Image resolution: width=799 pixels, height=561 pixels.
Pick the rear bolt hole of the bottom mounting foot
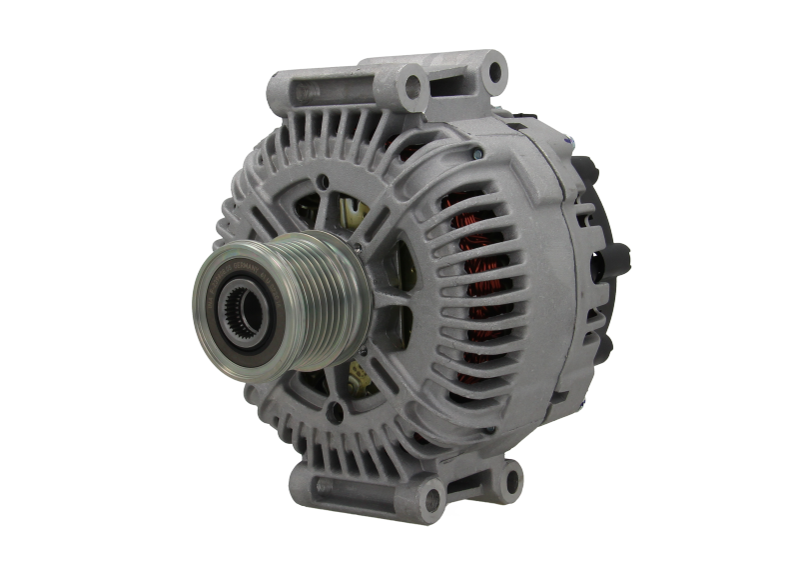point(510,478)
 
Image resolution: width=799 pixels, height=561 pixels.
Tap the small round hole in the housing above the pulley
point(322,182)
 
